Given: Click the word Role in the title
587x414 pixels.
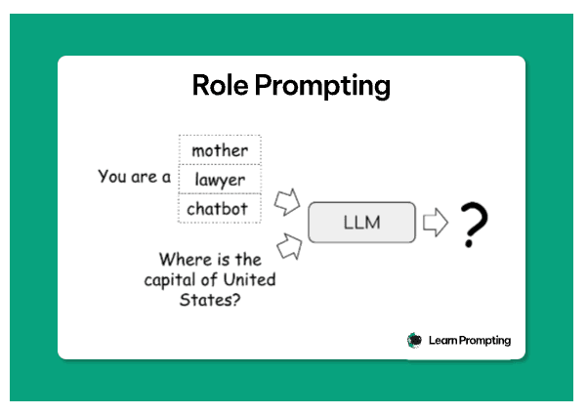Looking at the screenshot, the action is pyautogui.click(x=220, y=85).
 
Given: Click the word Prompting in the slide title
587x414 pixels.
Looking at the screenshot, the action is pyautogui.click(x=322, y=87).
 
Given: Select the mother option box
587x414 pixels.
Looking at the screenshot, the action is pyautogui.click(x=220, y=149).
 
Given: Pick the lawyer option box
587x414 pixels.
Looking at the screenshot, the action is pyautogui.click(x=220, y=180).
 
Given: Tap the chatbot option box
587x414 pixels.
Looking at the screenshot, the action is pyautogui.click(x=220, y=209).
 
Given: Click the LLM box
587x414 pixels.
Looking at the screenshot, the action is pyautogui.click(x=361, y=223).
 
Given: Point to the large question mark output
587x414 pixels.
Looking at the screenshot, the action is pyautogui.click(x=474, y=224).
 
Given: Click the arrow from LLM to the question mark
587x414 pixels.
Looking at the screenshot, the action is pyautogui.click(x=436, y=223).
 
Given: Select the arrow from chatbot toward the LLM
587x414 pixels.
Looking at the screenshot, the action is pyautogui.click(x=287, y=202).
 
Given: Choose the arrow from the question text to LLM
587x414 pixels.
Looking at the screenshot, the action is pyautogui.click(x=289, y=246).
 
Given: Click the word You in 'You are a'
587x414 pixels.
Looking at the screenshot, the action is pyautogui.click(x=112, y=177).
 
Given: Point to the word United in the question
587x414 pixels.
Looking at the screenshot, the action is pyautogui.click(x=249, y=279).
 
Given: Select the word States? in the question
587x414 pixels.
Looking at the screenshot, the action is pyautogui.click(x=210, y=300).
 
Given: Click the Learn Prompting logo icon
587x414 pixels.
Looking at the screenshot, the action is pyautogui.click(x=414, y=340).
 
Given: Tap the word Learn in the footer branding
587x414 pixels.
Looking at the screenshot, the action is pyautogui.click(x=442, y=340).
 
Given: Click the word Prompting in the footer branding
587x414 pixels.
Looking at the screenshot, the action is pyautogui.click(x=484, y=341).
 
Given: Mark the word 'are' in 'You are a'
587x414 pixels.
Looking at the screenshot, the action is pyautogui.click(x=144, y=178).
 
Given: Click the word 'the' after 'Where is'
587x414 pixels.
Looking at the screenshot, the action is pyautogui.click(x=248, y=260).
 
